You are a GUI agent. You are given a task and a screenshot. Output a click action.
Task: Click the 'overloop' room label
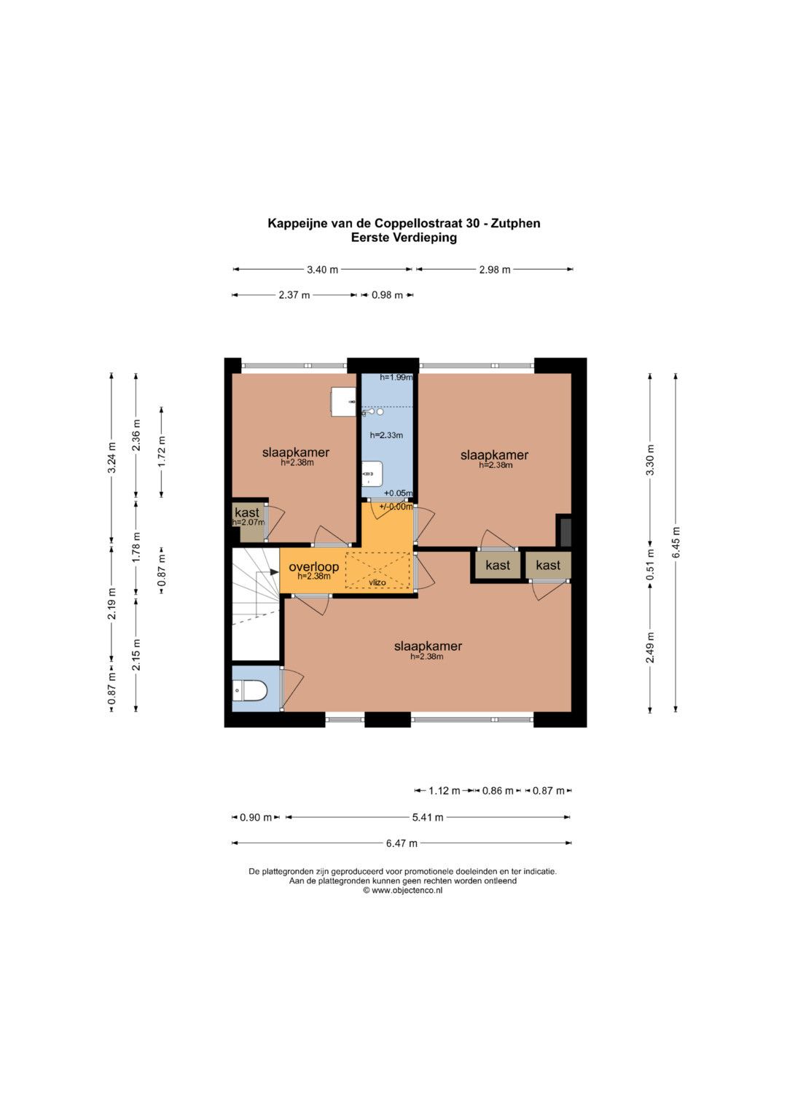[313, 566]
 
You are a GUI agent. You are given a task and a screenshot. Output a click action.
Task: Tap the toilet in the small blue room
[250, 691]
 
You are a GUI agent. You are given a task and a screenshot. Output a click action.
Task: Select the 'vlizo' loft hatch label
[377, 582]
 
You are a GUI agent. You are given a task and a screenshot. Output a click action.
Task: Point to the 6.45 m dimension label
[676, 542]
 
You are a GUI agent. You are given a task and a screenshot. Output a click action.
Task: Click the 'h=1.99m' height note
[396, 378]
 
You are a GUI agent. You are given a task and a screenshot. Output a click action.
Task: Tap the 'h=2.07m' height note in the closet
[248, 522]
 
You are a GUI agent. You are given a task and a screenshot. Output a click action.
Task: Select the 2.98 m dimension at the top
[494, 270]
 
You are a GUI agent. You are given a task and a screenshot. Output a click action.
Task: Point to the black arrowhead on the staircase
[274, 572]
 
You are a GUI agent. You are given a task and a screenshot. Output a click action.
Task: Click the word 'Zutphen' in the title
[515, 224]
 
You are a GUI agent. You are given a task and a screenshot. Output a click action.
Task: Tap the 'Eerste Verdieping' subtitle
[404, 238]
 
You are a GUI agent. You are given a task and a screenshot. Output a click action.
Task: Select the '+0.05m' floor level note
[398, 493]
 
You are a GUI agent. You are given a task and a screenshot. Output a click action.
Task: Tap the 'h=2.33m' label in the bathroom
[386, 435]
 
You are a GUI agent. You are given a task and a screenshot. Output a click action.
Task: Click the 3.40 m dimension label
[322, 270]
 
